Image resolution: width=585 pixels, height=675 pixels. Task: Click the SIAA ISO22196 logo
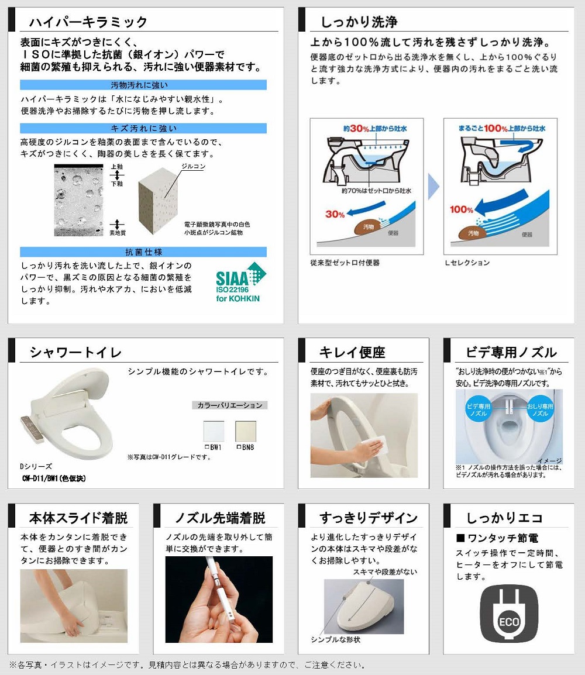tap(240, 282)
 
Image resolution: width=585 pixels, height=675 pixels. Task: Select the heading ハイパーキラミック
tap(88, 22)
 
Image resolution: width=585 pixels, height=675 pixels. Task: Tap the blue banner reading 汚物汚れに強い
tap(143, 85)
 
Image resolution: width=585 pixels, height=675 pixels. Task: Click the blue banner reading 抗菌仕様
tap(143, 252)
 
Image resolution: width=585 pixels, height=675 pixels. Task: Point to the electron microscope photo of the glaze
tap(79, 200)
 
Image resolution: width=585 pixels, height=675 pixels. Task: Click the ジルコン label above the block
tap(193, 166)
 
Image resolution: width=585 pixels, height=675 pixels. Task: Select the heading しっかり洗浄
tap(359, 22)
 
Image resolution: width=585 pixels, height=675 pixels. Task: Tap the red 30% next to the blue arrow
tap(335, 214)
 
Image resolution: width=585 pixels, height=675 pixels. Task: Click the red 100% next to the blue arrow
tap(462, 209)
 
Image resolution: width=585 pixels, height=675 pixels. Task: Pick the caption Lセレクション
tap(467, 263)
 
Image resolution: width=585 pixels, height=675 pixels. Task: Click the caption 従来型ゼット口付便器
tap(345, 263)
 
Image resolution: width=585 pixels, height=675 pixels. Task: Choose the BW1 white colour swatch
tap(214, 431)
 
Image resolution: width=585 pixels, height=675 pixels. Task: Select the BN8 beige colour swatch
tap(246, 431)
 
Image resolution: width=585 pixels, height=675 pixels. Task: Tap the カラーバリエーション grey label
tap(230, 405)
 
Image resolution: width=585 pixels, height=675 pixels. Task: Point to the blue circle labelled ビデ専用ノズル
tap(479, 409)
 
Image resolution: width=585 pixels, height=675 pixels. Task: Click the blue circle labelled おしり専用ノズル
tap(540, 409)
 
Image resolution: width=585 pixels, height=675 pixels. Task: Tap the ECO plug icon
tap(509, 614)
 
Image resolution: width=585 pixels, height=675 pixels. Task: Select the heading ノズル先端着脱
tap(220, 518)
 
